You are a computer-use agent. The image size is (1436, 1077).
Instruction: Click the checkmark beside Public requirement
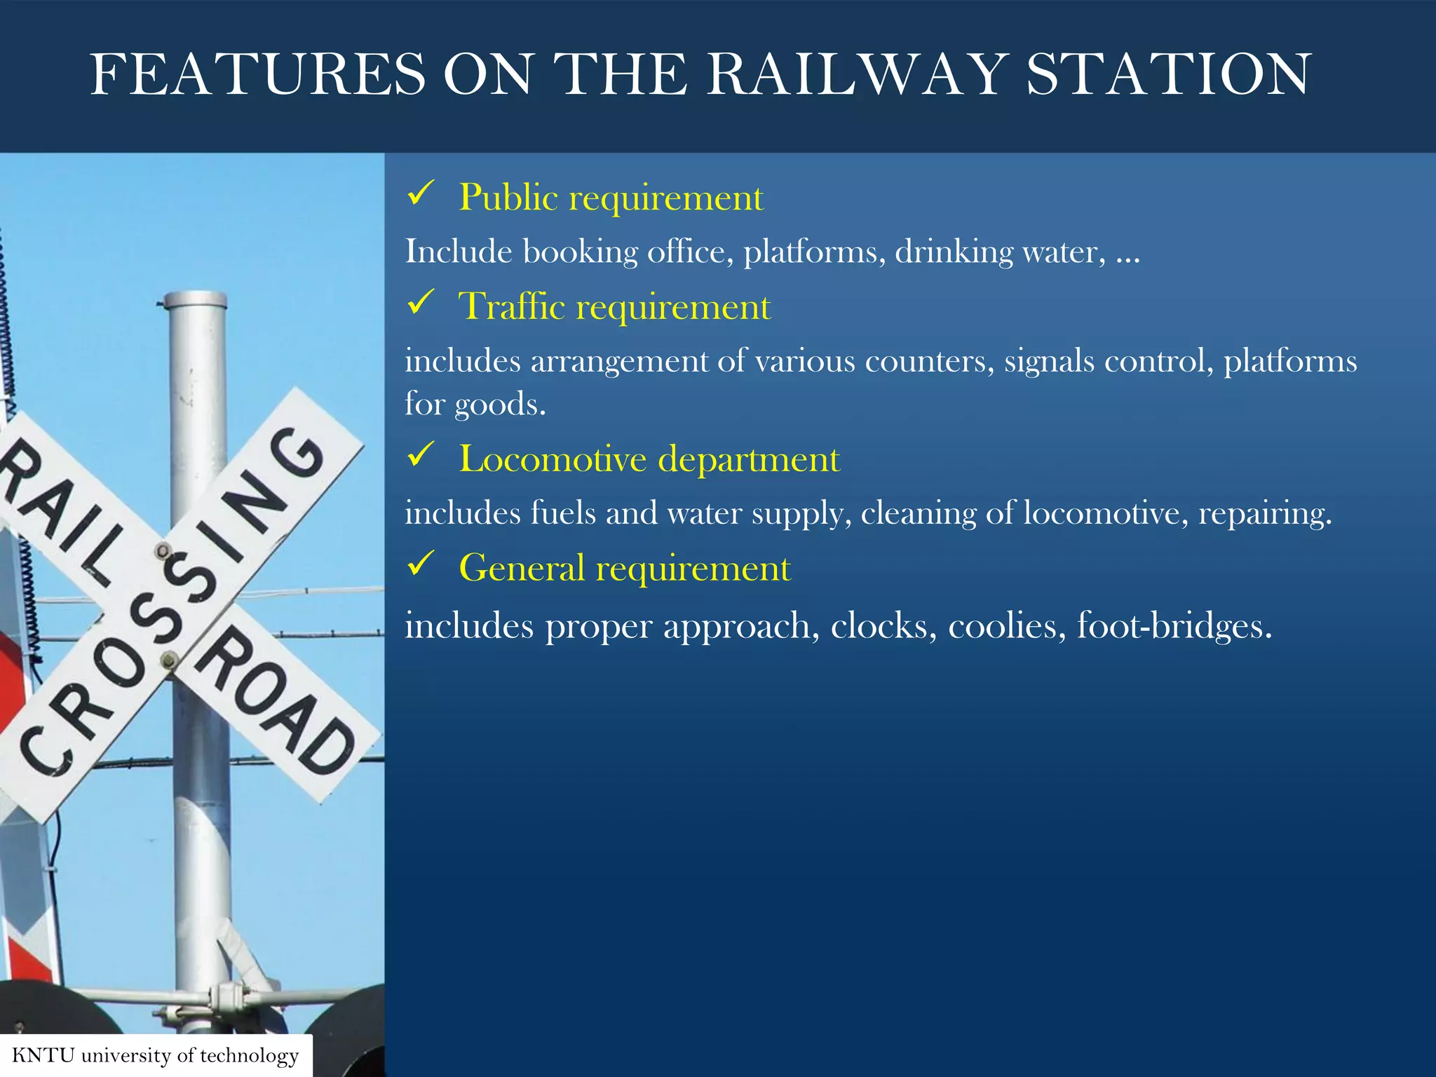tap(421, 194)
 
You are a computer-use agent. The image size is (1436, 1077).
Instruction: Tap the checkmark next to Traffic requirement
tap(421, 303)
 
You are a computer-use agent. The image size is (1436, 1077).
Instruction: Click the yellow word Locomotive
tap(553, 459)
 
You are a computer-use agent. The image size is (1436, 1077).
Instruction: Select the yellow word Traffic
tap(512, 307)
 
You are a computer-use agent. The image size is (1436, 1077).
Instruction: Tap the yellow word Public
tap(508, 198)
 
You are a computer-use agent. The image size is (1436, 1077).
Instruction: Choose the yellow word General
tap(521, 568)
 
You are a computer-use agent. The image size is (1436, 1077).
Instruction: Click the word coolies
tap(1002, 625)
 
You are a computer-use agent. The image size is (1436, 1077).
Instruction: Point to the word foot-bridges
tap(1174, 625)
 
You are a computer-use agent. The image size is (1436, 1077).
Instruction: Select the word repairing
tap(1264, 514)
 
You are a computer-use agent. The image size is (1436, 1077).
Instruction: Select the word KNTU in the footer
tap(43, 1055)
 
